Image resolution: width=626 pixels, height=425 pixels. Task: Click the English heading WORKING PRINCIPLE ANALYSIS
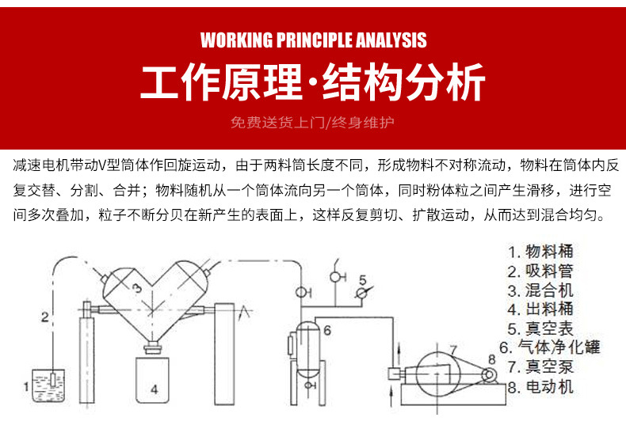pos(313,40)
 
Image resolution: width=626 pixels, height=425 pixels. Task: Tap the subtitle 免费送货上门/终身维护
pos(312,123)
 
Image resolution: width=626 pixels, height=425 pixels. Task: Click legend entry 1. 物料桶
pos(540,252)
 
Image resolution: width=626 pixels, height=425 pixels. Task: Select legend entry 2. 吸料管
pos(540,271)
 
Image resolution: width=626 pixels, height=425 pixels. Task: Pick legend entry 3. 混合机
pos(540,290)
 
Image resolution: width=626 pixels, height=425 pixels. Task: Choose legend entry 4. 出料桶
pos(540,309)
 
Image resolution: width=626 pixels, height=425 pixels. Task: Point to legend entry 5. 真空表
pos(540,328)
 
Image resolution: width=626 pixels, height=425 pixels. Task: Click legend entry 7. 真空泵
pos(540,367)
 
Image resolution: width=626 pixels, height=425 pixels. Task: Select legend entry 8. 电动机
pos(540,387)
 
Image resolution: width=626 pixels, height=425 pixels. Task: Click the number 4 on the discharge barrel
pos(155,389)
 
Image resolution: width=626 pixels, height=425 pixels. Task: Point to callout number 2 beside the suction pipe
pos(45,317)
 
